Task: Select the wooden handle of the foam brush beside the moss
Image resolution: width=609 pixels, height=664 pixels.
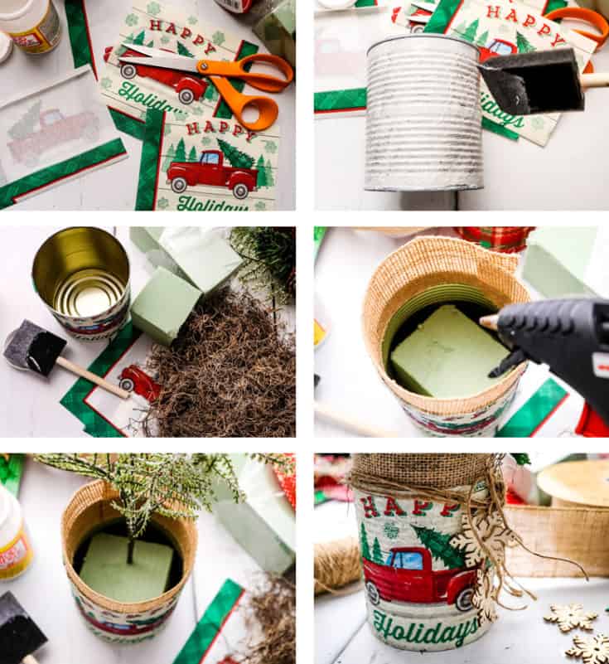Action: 90,377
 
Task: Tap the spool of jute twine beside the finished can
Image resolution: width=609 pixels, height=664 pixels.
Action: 336,564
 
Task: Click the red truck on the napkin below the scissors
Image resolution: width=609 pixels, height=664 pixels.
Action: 211,169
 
